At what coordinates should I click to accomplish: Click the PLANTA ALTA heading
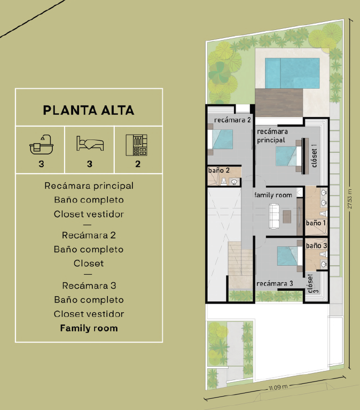click(x=89, y=110)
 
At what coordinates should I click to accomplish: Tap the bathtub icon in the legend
click(x=41, y=145)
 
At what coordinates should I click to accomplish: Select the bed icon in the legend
click(x=90, y=143)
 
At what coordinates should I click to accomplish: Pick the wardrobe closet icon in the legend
click(x=136, y=145)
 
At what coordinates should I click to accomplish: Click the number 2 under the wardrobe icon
click(x=138, y=164)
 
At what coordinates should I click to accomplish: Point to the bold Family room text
click(x=89, y=328)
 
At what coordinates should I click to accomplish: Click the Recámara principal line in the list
click(x=89, y=186)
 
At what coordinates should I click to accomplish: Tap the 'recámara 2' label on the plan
click(x=232, y=120)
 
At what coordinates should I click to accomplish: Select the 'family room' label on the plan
click(x=273, y=195)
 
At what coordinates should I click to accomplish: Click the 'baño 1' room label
click(x=316, y=223)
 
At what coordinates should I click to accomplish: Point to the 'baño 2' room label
click(x=218, y=171)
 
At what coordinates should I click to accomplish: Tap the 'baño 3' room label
click(x=316, y=246)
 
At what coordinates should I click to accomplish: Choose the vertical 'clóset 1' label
click(x=314, y=156)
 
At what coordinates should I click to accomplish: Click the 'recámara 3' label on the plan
click(x=275, y=284)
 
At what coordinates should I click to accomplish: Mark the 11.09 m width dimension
click(x=278, y=386)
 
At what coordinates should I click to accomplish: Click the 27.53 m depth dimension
click(x=350, y=198)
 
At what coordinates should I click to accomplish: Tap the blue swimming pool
click(x=292, y=73)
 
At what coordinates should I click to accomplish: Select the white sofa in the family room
click(x=274, y=216)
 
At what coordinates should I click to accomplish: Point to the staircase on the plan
click(x=240, y=265)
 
